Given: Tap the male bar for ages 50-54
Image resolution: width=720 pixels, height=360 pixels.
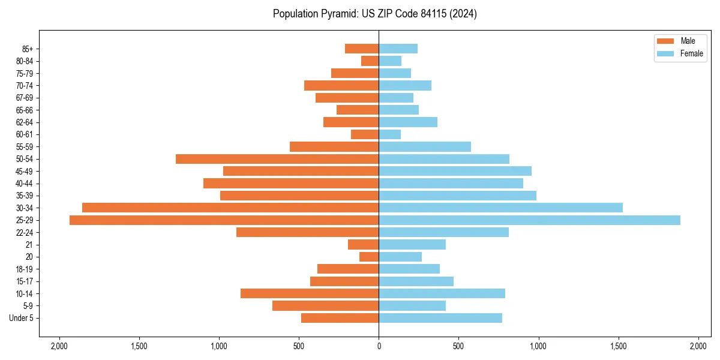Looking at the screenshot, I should (277, 159).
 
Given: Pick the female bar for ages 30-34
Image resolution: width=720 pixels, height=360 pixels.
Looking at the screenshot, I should (500, 208).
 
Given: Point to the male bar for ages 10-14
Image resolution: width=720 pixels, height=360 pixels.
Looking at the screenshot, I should (310, 293).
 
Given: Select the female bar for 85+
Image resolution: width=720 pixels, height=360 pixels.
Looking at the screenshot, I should (398, 49).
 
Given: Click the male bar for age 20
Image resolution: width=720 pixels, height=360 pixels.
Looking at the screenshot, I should (369, 257).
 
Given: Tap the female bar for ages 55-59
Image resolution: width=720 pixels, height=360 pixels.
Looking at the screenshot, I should (425, 146).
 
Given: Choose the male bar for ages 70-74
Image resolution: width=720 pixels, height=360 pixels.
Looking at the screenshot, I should (341, 85).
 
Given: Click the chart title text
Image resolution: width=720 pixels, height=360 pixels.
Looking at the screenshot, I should (374, 14).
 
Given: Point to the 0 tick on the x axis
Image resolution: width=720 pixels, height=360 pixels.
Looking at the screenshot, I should (379, 346).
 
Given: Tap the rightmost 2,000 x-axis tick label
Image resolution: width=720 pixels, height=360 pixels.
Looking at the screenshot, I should (698, 346).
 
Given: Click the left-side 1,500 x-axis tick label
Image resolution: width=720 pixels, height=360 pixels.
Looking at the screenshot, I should (139, 346).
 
